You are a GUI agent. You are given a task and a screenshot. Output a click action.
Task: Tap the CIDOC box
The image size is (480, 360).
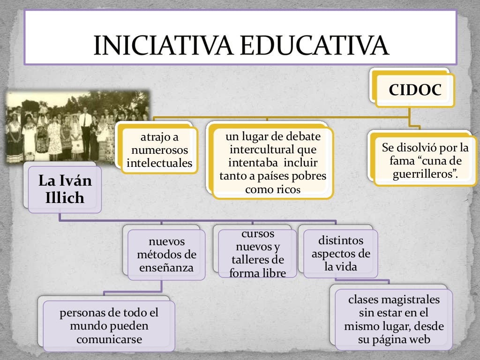point(415,90)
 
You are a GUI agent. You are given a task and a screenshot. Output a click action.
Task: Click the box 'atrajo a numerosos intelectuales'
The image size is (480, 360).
point(159,150)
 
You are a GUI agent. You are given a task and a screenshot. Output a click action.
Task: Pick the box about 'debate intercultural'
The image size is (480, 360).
point(273,163)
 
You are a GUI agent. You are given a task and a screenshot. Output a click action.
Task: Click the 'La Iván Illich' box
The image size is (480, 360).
point(65,189)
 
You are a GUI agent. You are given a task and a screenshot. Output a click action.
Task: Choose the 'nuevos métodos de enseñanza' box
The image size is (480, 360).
point(166,255)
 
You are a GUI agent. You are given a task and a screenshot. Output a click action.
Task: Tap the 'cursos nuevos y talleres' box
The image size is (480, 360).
point(257,253)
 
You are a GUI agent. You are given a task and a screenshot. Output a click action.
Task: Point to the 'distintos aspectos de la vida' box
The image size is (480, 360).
point(341,254)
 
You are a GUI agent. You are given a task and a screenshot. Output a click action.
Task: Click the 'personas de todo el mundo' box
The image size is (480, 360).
point(109,326)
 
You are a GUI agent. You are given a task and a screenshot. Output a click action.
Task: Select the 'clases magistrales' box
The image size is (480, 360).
point(394,319)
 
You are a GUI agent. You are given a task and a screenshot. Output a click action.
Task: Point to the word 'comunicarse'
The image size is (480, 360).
point(109,339)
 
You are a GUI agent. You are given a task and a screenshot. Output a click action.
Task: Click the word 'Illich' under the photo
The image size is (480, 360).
point(65,198)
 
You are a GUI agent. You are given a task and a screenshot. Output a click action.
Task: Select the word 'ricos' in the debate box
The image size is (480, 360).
point(287,189)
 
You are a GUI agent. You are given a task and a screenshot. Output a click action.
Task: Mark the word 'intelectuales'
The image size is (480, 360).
point(159,164)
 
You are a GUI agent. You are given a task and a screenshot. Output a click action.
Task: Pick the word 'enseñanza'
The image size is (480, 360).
point(166,268)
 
